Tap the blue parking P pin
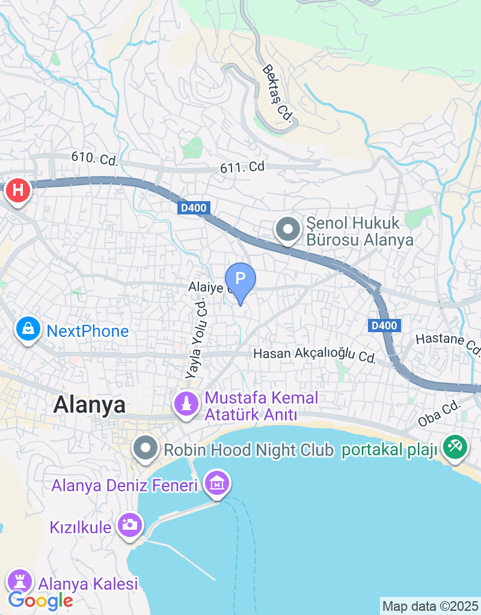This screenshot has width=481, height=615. click(x=240, y=279)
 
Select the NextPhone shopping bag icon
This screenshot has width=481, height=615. click(x=28, y=329)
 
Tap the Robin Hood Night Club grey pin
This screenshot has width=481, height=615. click(x=145, y=449)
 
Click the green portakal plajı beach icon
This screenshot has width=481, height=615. click(x=455, y=447)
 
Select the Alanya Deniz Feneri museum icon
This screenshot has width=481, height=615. click(x=216, y=482)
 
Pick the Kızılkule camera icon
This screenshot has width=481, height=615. click(x=129, y=525)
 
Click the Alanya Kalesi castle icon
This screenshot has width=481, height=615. click(x=20, y=581)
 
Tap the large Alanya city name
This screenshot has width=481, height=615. click(x=90, y=405)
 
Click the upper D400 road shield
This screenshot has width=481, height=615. click(x=194, y=208)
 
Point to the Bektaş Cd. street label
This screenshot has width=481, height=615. click(x=277, y=93)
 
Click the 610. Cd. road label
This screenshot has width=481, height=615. click(x=94, y=159)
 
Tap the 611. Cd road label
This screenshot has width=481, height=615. click(x=242, y=168)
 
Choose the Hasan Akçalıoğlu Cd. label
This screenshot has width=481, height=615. click(x=314, y=356)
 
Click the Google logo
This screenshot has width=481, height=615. click(x=40, y=599)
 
